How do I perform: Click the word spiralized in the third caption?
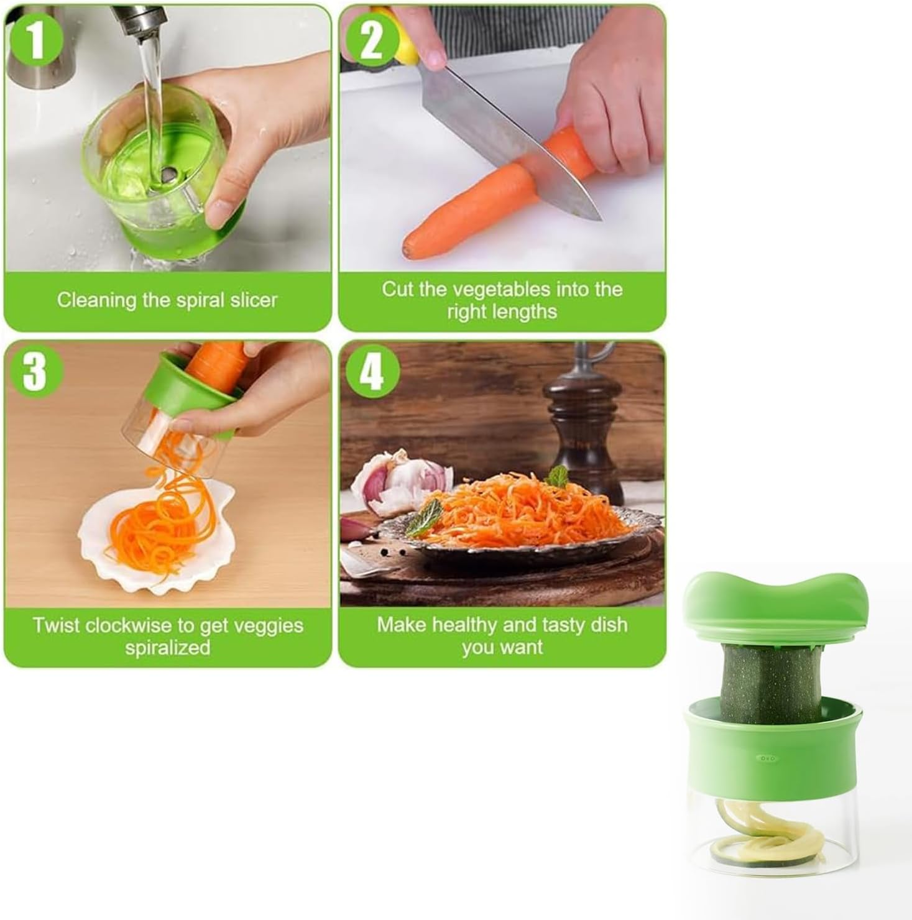point(167,647)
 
